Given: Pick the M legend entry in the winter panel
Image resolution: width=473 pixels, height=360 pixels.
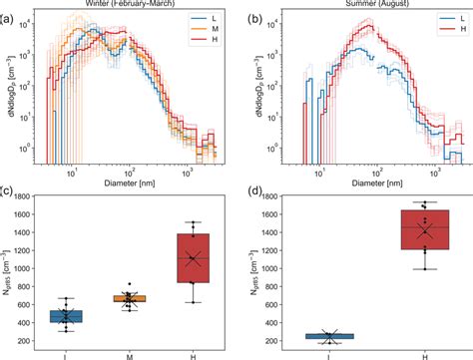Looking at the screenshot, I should pyautogui.click(x=207, y=37).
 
